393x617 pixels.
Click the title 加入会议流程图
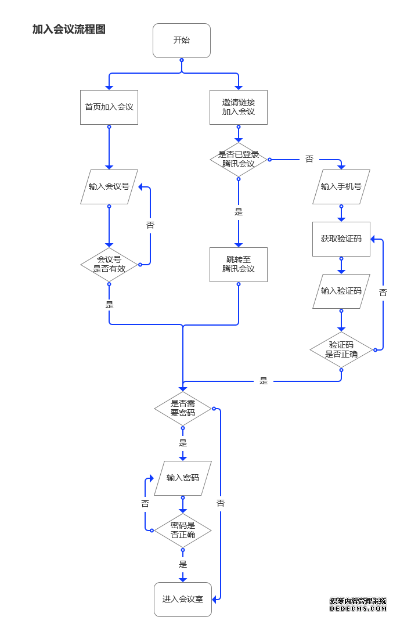click(68, 30)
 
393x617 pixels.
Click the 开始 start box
click(182, 41)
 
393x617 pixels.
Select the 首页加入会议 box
click(109, 107)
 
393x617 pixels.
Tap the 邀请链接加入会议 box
click(239, 107)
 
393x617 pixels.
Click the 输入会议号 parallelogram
click(109, 187)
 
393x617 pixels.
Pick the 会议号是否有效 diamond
click(109, 265)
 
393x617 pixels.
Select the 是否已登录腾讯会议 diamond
click(239, 160)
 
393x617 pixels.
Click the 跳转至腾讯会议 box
click(239, 265)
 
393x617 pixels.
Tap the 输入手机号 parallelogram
click(341, 187)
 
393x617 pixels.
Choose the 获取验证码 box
click(341, 239)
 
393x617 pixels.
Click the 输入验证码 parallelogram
click(341, 291)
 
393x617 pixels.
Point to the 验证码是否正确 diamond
click(341, 349)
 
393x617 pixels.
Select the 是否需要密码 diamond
click(183, 409)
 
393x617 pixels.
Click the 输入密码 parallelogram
click(183, 478)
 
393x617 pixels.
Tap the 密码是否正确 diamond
click(183, 531)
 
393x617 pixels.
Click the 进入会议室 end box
click(183, 599)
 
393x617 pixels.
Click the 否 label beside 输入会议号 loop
click(150, 225)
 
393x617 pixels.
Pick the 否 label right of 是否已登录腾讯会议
click(309, 159)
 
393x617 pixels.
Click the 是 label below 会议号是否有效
click(109, 305)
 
